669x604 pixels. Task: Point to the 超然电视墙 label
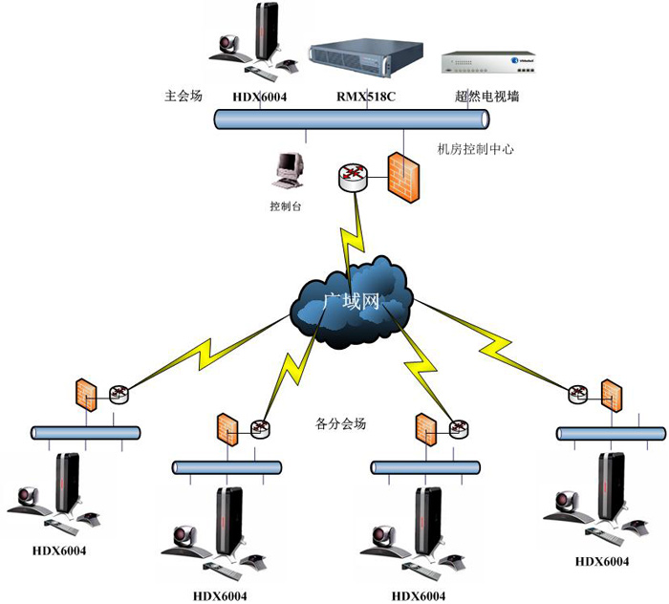487,97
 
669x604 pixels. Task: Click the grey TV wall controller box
486,63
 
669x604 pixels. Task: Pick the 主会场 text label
183,97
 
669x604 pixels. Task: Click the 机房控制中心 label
476,149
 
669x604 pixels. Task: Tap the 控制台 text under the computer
286,205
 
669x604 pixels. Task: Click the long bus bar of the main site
351,119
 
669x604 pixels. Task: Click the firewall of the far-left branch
87,395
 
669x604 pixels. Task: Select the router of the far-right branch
579,392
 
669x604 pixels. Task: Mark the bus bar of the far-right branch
611,434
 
